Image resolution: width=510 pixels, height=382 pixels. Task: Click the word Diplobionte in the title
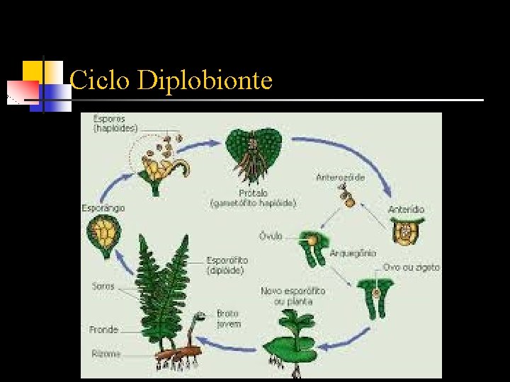pos(205,81)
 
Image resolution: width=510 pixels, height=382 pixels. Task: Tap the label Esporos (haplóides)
pos(115,124)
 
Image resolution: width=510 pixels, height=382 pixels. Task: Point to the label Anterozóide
pos(341,178)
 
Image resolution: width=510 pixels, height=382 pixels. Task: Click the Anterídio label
pos(406,209)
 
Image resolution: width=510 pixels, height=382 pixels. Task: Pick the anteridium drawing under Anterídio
pos(406,231)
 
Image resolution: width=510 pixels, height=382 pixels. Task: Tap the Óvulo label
pos(271,236)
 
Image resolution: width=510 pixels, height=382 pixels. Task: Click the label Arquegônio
pos(353,253)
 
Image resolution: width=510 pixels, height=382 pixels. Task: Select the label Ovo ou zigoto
pos(411,267)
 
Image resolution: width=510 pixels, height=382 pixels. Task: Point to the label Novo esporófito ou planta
pos(293,296)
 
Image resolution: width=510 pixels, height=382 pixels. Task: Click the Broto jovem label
pos(229,318)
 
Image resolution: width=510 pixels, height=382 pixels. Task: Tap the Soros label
pos(103,286)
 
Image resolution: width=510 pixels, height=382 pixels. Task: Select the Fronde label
pos(103,330)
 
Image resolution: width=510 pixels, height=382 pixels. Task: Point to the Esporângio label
pos(103,208)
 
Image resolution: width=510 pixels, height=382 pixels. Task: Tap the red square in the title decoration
pos(23,91)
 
